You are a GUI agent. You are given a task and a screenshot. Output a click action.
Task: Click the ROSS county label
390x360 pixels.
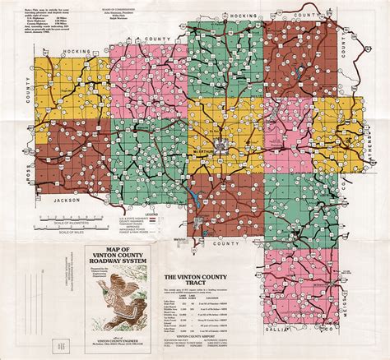[10, 164]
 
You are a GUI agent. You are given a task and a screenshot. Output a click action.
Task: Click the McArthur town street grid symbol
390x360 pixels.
[221, 147]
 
